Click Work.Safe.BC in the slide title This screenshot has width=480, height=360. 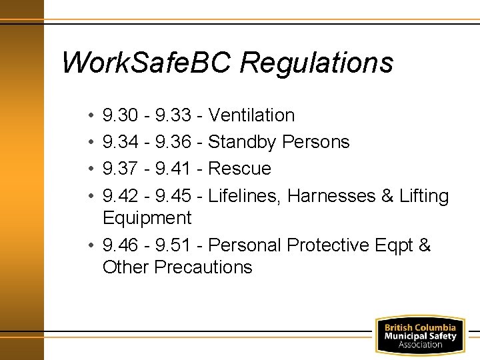coord(145,63)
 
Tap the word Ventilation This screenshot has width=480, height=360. coord(251,115)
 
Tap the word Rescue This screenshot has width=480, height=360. coord(239,169)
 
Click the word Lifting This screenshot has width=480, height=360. coord(424,196)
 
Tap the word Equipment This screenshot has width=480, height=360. coord(147,218)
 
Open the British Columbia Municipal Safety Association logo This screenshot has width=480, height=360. coord(420,335)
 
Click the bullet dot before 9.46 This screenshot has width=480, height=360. coord(90,245)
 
